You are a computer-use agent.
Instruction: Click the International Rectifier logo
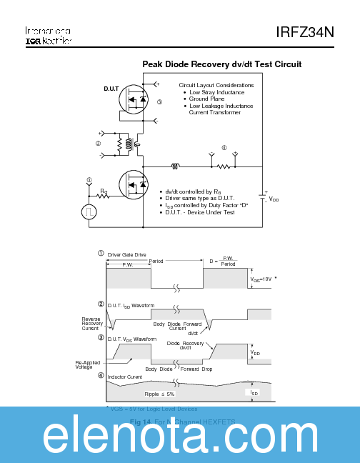click(x=48, y=36)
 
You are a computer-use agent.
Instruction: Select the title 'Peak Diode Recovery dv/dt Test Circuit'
click(x=221, y=64)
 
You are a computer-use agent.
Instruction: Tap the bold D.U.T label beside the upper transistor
click(x=111, y=89)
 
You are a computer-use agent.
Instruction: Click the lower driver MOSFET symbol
click(x=134, y=185)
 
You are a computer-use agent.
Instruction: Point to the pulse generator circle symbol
click(x=89, y=211)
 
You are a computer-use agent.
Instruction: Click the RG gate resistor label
click(x=104, y=191)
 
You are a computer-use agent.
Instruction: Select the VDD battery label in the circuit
click(x=274, y=199)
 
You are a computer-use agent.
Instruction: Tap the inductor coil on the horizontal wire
click(x=175, y=167)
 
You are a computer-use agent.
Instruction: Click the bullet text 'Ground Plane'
click(x=208, y=99)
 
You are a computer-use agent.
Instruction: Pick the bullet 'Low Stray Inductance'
click(x=216, y=92)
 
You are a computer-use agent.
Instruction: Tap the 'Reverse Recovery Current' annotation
click(x=91, y=324)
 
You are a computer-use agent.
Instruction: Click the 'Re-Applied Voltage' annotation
click(x=90, y=365)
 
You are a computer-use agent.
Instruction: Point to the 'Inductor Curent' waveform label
click(x=125, y=376)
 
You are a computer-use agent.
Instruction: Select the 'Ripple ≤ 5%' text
click(x=159, y=394)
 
